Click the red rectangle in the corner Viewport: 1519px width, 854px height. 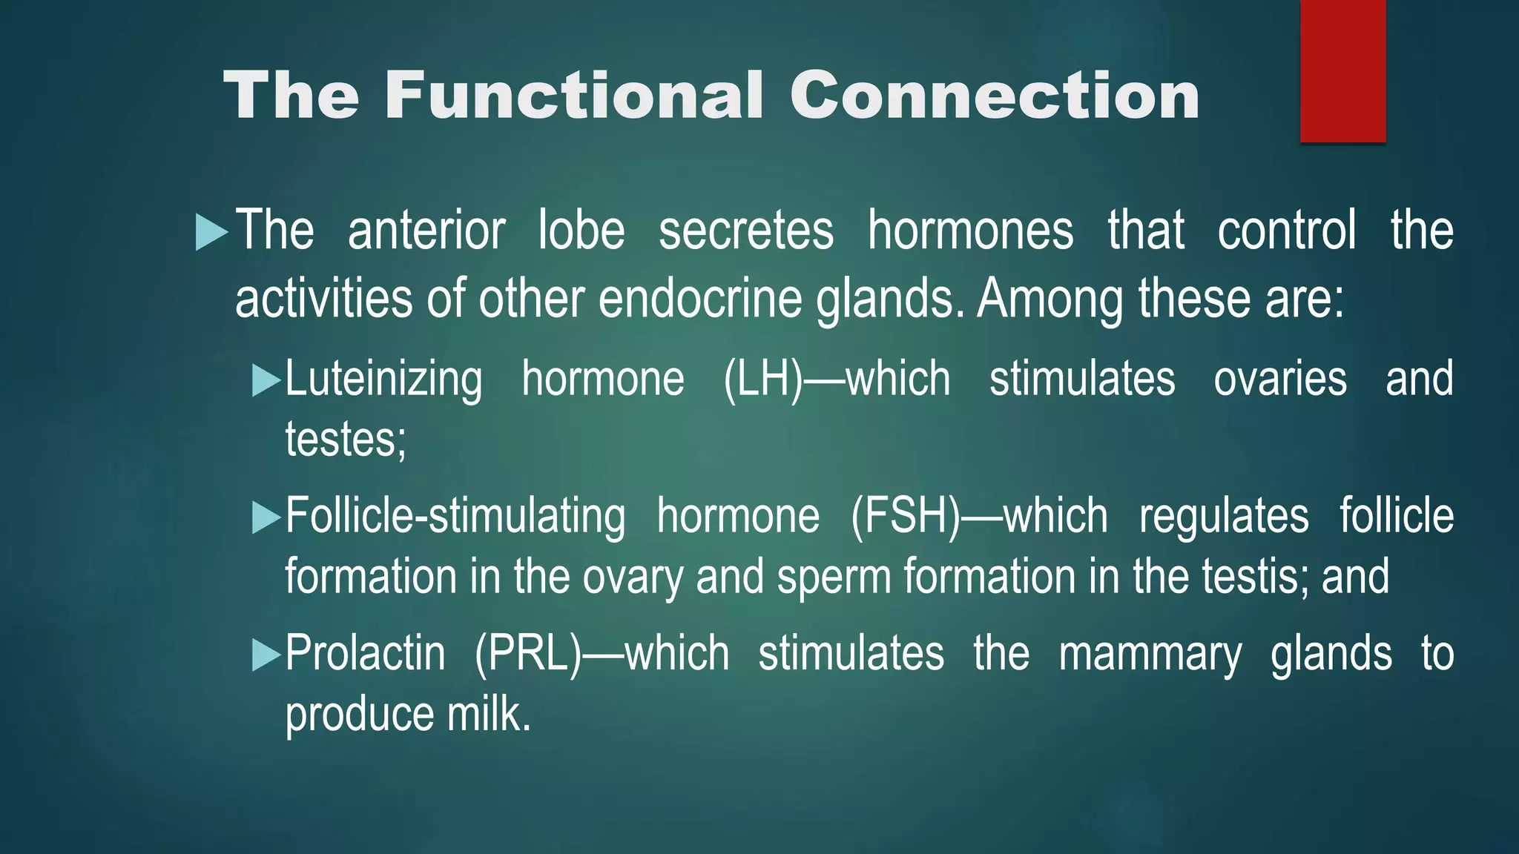click(1342, 71)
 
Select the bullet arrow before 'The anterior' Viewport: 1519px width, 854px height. click(211, 232)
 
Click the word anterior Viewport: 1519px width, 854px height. click(426, 231)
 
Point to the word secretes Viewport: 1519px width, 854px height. click(745, 231)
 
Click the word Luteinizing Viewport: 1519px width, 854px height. click(383, 380)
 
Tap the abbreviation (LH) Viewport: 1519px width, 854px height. click(763, 380)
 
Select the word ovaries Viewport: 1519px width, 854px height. click(1280, 380)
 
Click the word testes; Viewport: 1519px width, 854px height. click(346, 440)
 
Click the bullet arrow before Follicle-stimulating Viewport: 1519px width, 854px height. click(266, 517)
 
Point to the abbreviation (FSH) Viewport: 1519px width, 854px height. click(906, 517)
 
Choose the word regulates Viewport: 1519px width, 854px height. click(1224, 517)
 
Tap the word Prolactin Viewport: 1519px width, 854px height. click(366, 653)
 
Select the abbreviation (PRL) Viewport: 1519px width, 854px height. click(528, 653)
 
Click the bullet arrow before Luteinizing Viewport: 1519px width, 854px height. click(266, 380)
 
